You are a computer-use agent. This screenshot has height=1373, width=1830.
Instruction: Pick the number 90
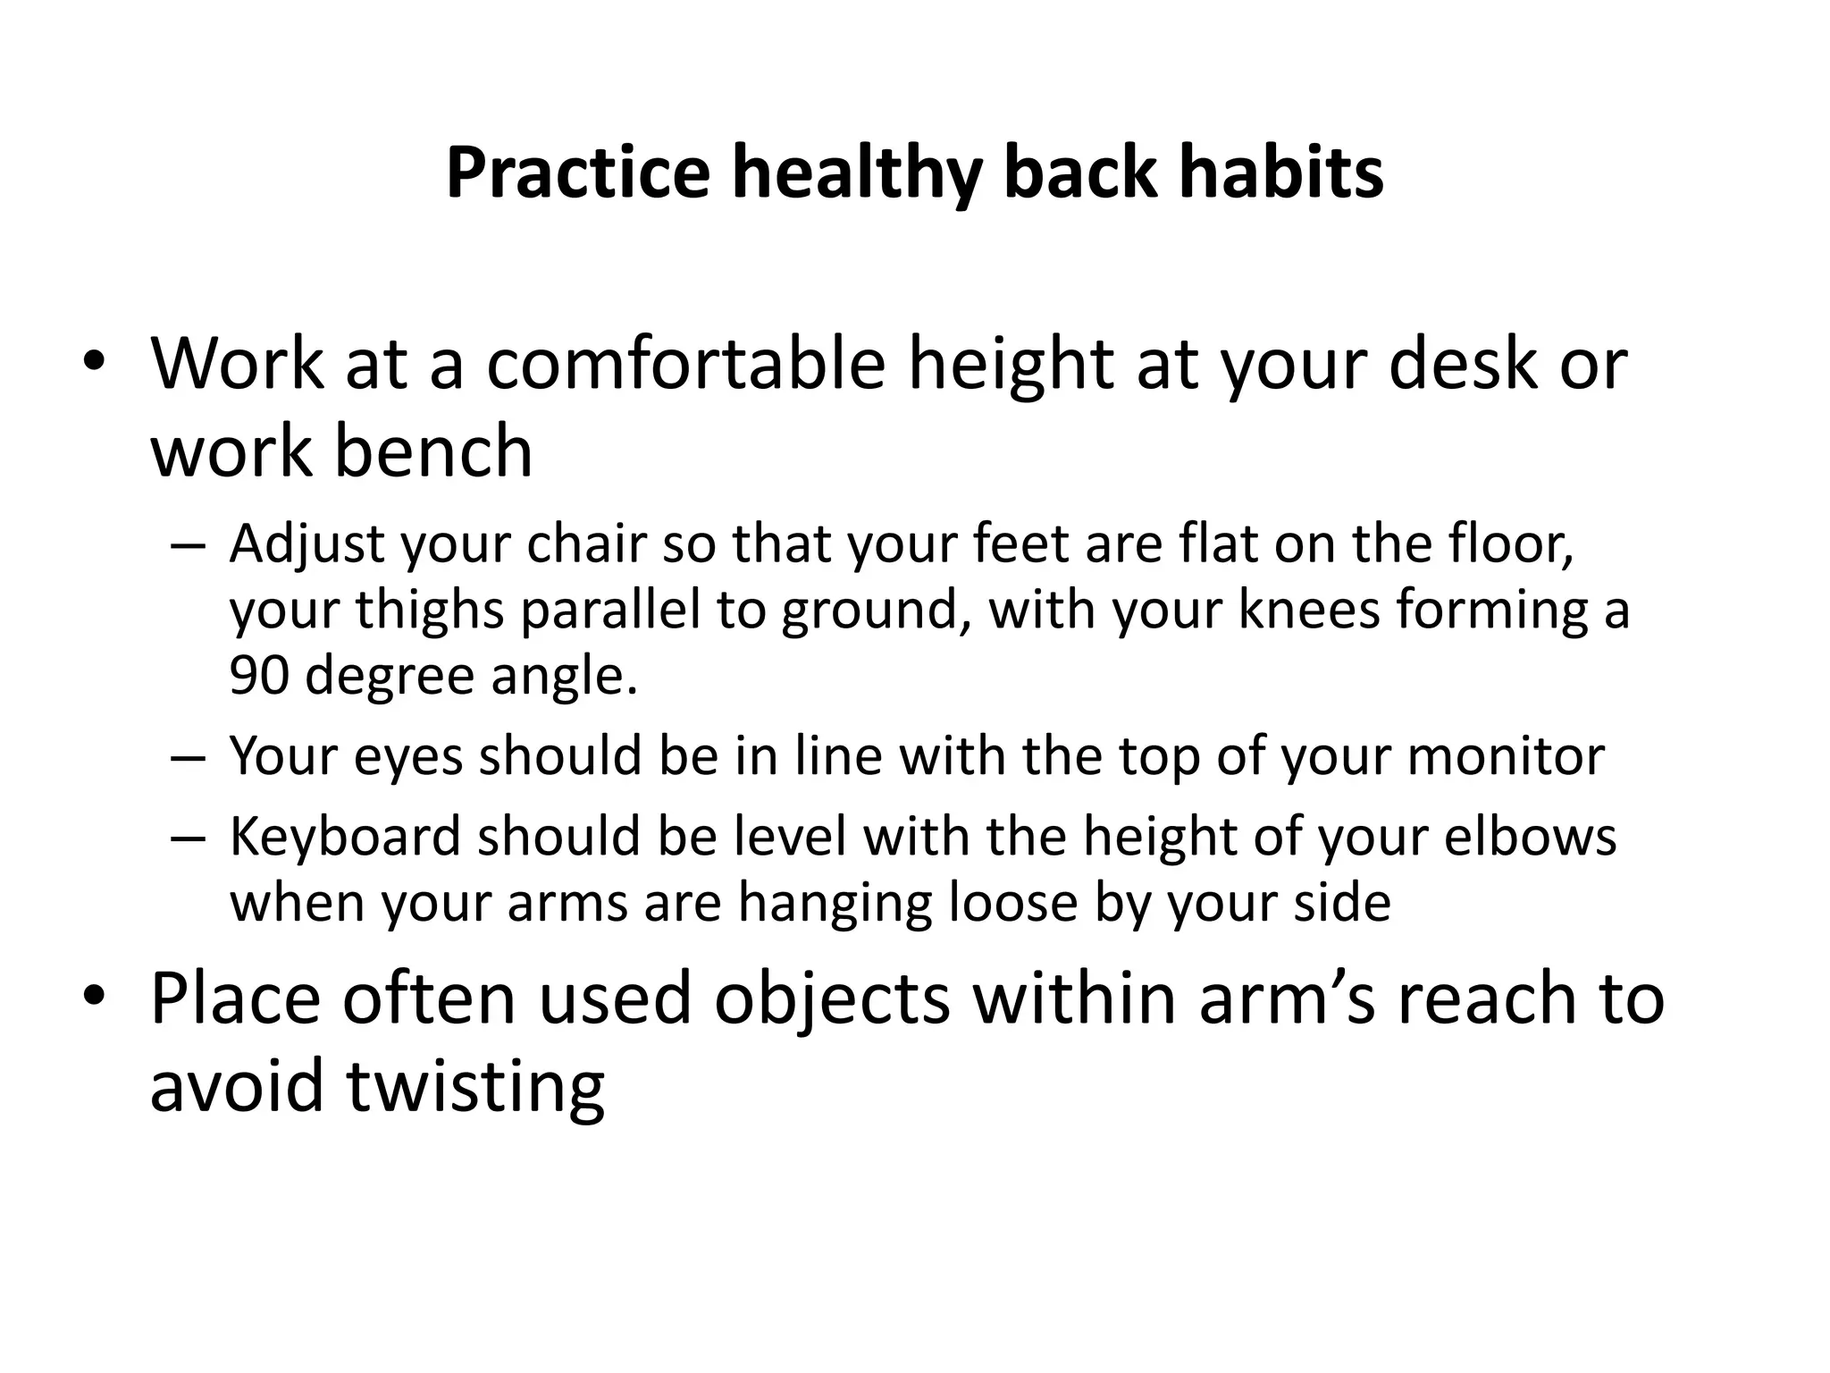(x=258, y=676)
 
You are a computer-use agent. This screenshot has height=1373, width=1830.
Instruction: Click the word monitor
(x=1506, y=756)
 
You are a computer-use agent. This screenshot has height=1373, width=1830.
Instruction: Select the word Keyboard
(x=345, y=837)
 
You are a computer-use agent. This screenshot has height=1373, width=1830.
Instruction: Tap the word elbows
(x=1530, y=837)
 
